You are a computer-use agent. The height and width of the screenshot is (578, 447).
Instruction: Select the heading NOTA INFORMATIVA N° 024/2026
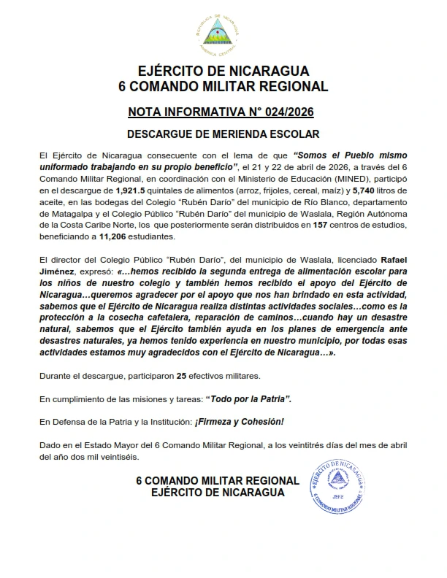(x=223, y=112)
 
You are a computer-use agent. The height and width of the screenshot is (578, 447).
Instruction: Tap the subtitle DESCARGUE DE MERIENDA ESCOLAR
(x=223, y=135)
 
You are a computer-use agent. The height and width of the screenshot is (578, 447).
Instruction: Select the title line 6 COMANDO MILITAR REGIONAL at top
(x=223, y=87)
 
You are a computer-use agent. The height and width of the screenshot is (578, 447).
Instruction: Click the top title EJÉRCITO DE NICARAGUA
(x=223, y=71)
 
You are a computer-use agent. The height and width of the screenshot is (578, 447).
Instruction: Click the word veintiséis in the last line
(x=123, y=457)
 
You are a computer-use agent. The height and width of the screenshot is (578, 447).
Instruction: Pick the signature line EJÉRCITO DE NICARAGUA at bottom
(x=218, y=493)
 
